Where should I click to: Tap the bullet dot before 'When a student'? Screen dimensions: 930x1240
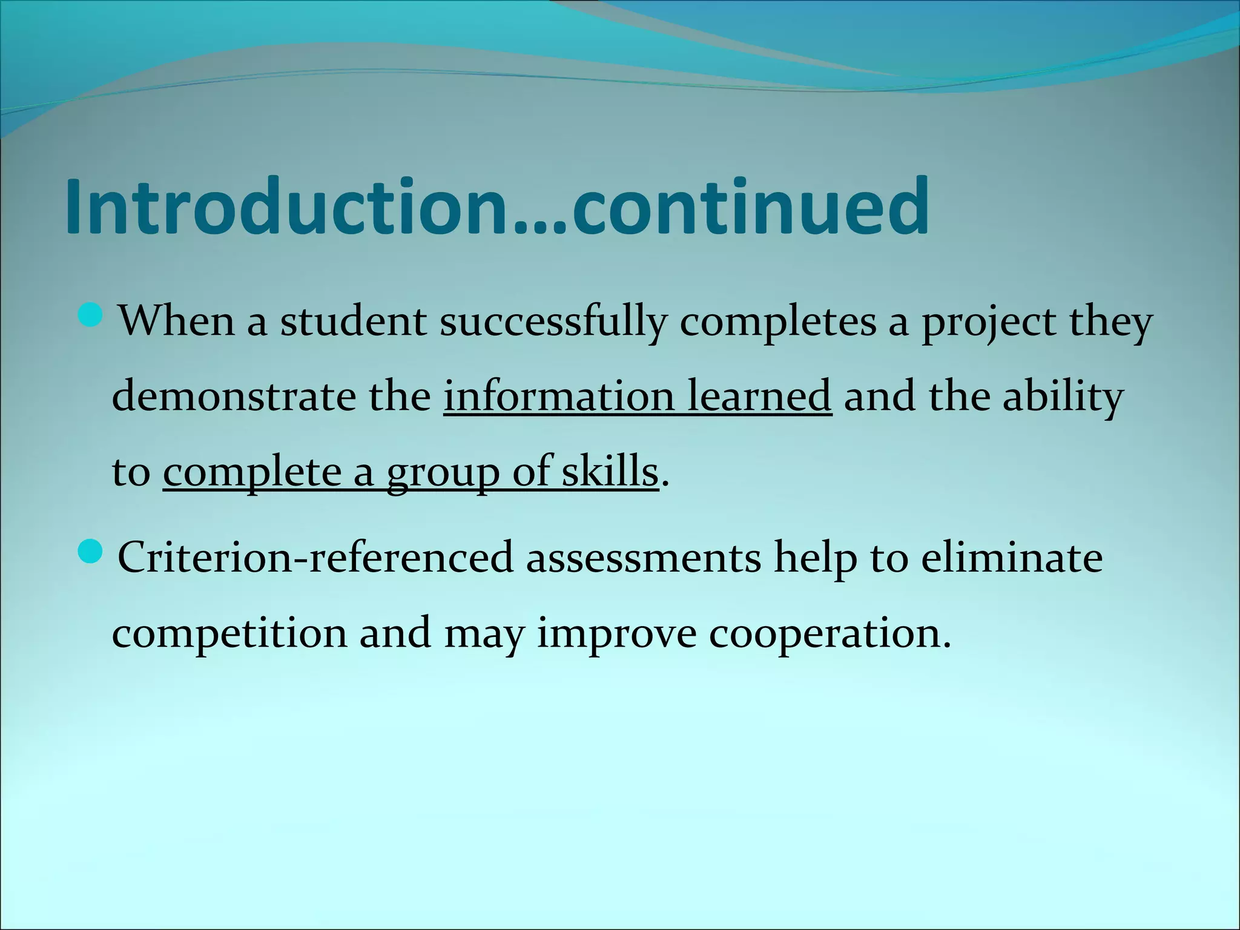point(91,315)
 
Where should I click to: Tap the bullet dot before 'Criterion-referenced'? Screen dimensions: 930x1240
point(91,550)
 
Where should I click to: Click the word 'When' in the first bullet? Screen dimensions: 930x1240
point(176,321)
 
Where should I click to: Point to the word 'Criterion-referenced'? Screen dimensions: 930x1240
point(315,557)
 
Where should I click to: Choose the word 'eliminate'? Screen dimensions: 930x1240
point(1012,557)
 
